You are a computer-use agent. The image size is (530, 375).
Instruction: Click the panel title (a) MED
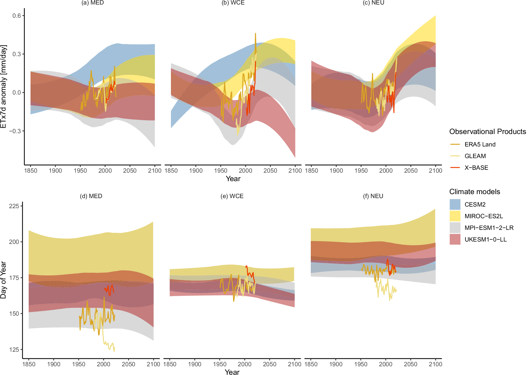pos(92,3)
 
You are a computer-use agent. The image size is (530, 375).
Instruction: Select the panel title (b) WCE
pos(233,3)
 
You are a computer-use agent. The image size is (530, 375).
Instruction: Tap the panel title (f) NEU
pos(373,196)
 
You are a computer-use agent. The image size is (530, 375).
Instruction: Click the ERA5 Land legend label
pos(480,145)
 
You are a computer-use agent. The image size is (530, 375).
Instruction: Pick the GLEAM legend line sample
pos(455,156)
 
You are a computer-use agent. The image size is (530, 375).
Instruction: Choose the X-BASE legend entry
pos(476,168)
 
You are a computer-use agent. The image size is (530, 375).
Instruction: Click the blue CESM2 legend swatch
pos(455,204)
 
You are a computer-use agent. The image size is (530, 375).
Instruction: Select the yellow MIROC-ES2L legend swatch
pos(455,216)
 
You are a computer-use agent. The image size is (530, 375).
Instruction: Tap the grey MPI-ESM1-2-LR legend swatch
pos(455,228)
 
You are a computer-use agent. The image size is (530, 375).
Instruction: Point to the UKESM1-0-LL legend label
pos(485,240)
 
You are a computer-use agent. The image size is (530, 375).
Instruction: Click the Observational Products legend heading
pos(488,132)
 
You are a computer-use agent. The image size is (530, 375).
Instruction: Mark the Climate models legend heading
pos(475,192)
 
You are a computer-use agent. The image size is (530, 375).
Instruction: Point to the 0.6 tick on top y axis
pos(16,16)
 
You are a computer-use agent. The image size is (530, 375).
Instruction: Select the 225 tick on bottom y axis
pos(14,206)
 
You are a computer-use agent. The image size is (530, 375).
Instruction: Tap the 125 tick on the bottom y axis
pos(14,350)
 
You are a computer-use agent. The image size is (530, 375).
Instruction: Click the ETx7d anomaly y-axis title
pos(3,86)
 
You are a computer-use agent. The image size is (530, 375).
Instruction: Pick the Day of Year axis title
pos(3,280)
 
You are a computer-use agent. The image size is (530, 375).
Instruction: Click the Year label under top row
pos(233,179)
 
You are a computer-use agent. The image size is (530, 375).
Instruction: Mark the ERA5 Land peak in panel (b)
pos(256,34)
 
